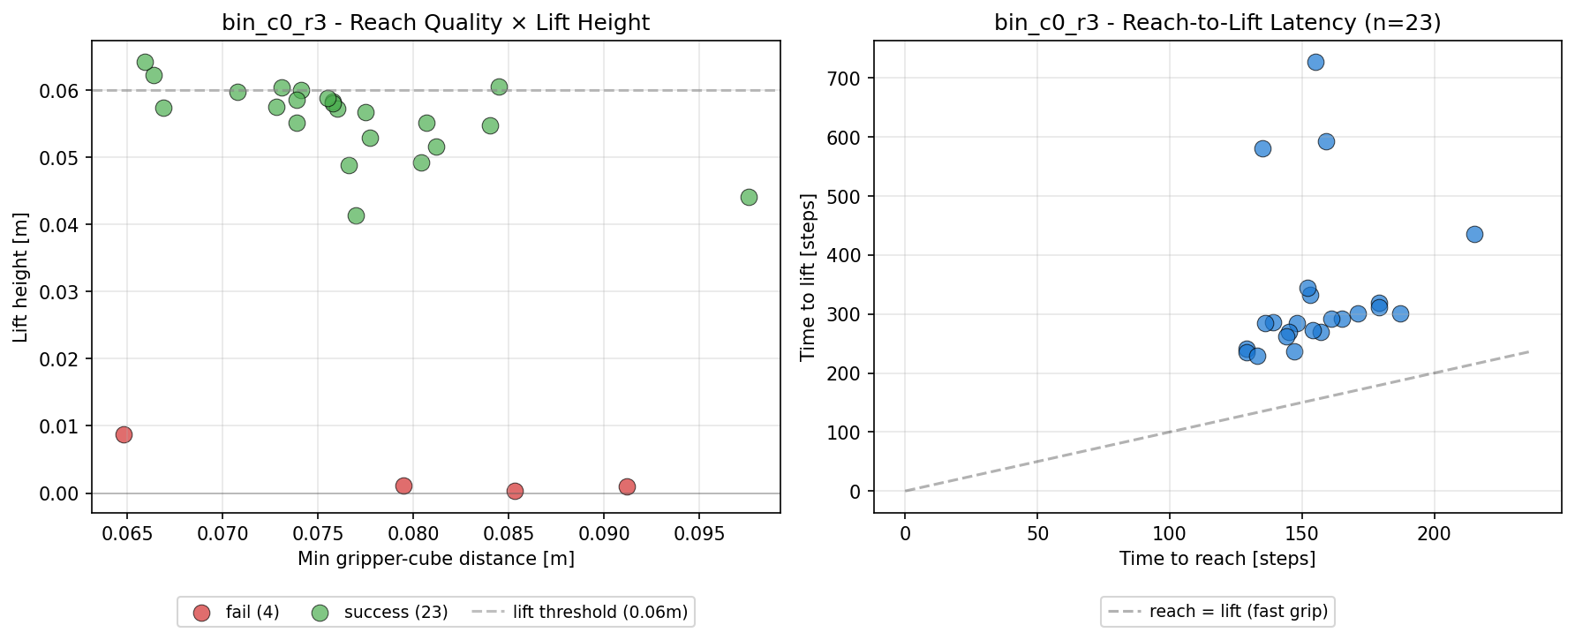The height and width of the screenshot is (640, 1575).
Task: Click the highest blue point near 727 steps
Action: point(1315,62)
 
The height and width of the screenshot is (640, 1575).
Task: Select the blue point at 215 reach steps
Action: point(1474,234)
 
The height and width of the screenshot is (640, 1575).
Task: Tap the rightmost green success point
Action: point(749,197)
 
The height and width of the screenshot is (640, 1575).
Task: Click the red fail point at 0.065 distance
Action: point(124,434)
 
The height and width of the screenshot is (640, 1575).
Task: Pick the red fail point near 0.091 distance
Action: point(627,486)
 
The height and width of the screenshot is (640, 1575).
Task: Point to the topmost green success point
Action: point(145,62)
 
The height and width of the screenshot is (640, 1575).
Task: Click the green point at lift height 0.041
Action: point(356,215)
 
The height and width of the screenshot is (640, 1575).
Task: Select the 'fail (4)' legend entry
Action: point(236,612)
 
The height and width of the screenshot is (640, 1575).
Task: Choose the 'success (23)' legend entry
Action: point(381,612)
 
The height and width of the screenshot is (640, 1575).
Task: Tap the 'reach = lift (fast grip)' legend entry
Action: point(1217,611)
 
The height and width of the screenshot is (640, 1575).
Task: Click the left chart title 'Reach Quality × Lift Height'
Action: point(500,23)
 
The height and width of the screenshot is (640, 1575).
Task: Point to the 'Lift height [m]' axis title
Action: point(20,277)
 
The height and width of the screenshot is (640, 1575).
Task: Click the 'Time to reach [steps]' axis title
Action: point(1217,559)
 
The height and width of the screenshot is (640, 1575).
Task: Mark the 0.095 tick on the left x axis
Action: point(699,533)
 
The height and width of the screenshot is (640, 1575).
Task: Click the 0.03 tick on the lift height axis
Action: point(58,292)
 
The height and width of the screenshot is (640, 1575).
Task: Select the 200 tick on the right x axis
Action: point(1434,533)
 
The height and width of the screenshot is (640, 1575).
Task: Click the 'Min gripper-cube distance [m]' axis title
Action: point(436,559)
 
